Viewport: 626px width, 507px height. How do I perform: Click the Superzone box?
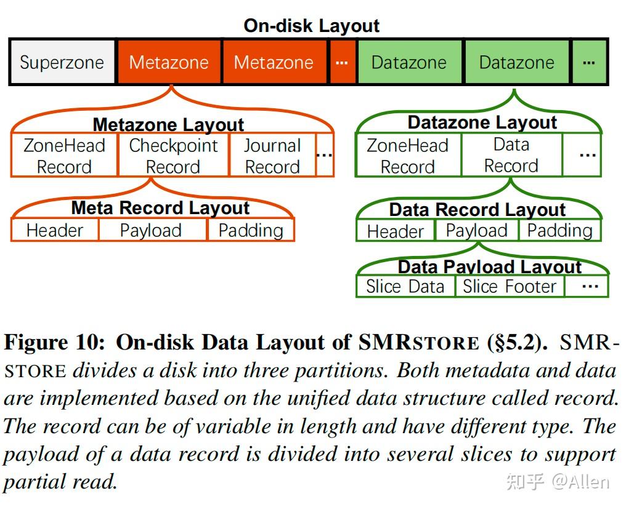click(62, 63)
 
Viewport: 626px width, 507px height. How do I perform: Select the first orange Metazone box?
click(169, 63)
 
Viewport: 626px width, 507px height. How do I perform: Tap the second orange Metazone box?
click(274, 63)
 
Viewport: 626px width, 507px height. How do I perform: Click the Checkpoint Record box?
click(173, 156)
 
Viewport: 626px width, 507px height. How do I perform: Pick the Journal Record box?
click(272, 156)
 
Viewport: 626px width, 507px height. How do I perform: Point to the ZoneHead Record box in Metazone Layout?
click(64, 156)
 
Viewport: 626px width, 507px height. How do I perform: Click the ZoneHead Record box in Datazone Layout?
click(408, 156)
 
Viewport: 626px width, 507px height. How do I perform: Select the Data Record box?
click(511, 155)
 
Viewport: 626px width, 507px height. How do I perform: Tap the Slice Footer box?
click(510, 287)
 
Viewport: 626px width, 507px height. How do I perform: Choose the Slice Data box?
click(405, 287)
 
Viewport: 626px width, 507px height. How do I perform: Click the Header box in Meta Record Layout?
click(55, 231)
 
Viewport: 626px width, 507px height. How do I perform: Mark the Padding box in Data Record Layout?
click(559, 231)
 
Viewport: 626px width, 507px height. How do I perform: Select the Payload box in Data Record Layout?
click(477, 231)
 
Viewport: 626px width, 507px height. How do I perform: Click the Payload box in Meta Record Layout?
click(151, 231)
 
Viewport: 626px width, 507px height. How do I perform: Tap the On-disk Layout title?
click(312, 26)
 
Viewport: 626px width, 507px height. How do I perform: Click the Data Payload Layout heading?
click(489, 267)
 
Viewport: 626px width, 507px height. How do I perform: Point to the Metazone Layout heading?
click(168, 125)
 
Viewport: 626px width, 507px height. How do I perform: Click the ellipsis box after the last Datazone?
click(588, 63)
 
